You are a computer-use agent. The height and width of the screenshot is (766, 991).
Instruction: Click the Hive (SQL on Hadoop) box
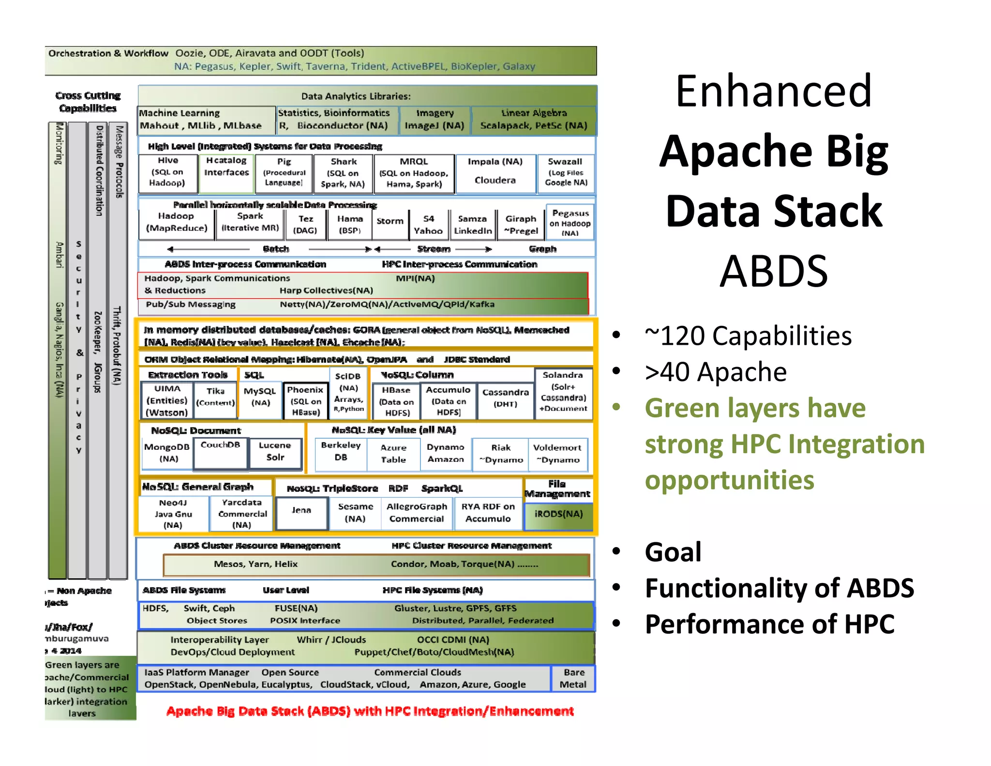(x=168, y=172)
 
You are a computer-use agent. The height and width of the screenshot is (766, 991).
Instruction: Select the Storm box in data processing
(x=390, y=221)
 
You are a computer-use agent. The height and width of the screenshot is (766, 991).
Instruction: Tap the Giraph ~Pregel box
(x=521, y=225)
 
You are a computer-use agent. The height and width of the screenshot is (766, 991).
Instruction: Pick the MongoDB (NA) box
(x=167, y=453)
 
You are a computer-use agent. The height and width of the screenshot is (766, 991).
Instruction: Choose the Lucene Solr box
(x=275, y=452)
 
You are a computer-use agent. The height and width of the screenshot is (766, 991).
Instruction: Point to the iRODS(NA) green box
(x=558, y=514)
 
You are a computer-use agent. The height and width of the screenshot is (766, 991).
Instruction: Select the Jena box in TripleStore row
(x=301, y=511)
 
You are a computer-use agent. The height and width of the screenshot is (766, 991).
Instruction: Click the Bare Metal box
(x=573, y=679)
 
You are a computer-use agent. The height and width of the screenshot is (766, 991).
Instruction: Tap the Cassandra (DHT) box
(x=505, y=398)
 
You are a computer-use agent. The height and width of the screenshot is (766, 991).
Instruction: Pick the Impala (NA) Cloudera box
(x=495, y=171)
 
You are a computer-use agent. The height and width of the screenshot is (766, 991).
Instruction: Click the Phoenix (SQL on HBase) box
(x=305, y=401)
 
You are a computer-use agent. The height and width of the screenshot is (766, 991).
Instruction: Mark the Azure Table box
(x=393, y=454)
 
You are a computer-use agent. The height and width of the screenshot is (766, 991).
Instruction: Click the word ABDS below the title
(x=773, y=272)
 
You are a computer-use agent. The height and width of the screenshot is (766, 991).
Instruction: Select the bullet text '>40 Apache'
(x=716, y=372)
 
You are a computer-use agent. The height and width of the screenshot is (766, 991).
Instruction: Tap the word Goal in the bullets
(x=673, y=552)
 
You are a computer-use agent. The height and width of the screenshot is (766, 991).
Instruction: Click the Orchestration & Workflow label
(x=108, y=54)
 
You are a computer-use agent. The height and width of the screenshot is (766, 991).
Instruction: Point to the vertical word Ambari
(x=59, y=255)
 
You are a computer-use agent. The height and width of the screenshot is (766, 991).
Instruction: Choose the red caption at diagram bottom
(x=370, y=711)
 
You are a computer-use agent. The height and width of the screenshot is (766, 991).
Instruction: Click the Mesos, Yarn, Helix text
(x=255, y=565)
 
